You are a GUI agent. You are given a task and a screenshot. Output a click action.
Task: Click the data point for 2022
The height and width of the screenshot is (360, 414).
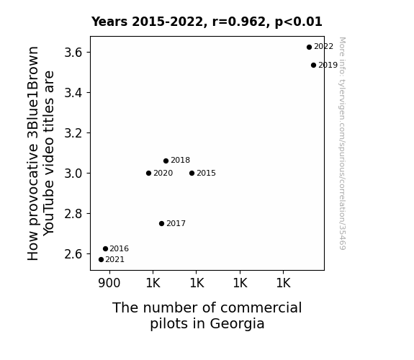(x=309, y=47)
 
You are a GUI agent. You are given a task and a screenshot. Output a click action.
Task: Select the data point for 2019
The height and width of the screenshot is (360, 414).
(x=313, y=65)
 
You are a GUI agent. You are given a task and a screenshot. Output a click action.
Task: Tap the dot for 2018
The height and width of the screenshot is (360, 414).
(x=166, y=161)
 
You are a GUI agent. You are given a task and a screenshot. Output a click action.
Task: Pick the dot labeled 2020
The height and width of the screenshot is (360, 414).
(x=148, y=174)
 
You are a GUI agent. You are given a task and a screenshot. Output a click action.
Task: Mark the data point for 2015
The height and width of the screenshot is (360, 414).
(x=192, y=174)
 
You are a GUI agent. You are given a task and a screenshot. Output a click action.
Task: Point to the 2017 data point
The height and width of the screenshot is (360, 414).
(x=161, y=223)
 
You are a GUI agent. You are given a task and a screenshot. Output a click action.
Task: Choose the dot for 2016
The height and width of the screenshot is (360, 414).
(x=105, y=249)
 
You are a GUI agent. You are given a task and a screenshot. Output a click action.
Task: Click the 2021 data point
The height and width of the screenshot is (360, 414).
(x=101, y=260)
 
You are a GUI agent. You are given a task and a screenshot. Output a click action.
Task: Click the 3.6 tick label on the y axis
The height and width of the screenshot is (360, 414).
(x=73, y=53)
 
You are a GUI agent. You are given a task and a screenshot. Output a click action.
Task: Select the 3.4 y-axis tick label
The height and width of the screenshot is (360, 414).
(x=73, y=93)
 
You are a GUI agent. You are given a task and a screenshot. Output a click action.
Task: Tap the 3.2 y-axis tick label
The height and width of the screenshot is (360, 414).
(x=73, y=133)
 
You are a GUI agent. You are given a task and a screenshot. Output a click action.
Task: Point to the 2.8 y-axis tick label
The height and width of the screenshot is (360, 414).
(x=73, y=214)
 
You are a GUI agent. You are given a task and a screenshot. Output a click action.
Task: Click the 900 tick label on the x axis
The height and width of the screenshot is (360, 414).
(x=109, y=283)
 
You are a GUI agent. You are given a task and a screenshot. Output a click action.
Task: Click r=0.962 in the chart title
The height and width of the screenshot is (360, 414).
(x=239, y=22)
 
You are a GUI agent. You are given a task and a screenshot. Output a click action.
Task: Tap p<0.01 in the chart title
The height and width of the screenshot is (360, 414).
(x=299, y=22)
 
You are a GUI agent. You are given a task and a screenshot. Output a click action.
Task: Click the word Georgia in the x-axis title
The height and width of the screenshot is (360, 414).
(x=237, y=324)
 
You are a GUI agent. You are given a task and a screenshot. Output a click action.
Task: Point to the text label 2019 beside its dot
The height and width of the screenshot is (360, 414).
(x=328, y=65)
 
